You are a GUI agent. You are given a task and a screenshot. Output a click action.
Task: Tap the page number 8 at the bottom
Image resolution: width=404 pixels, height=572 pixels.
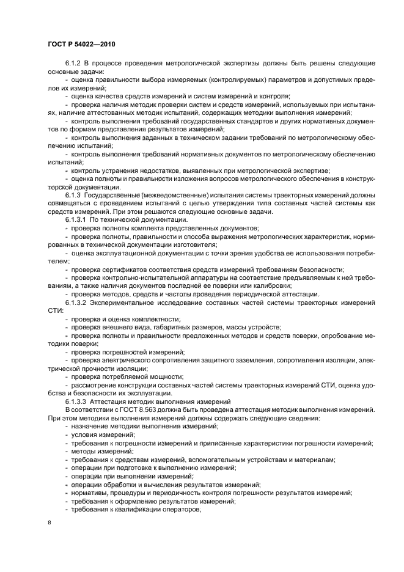click(x=50, y=522)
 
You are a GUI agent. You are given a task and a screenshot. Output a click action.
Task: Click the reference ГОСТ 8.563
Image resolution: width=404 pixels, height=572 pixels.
click(x=125, y=410)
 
